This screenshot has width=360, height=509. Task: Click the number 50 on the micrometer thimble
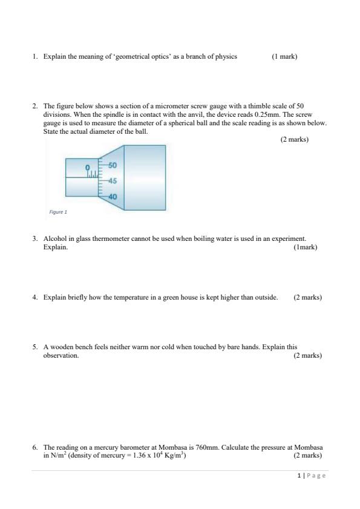(x=112, y=165)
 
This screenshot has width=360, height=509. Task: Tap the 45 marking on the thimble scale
(x=112, y=181)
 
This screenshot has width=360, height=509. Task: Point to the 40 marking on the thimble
(x=112, y=197)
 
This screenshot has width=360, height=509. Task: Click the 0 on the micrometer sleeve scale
(x=87, y=166)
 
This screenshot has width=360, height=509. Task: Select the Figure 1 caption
(x=58, y=212)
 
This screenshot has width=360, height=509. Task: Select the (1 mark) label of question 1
(x=284, y=56)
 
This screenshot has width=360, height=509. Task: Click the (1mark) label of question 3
(x=305, y=247)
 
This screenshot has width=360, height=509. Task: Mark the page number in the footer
(x=300, y=476)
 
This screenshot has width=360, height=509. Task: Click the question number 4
(x=35, y=297)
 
